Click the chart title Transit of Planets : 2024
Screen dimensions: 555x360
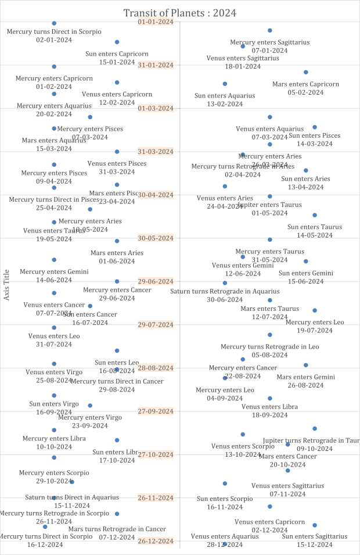pos(180,13)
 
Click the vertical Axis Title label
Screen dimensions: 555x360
pos(7,285)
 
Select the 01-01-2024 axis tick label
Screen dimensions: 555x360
pos(156,22)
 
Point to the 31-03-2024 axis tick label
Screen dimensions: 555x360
pos(156,152)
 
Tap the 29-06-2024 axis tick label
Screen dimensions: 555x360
pos(156,281)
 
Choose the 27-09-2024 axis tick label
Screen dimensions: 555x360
pos(156,411)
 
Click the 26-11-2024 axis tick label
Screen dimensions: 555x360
pos(156,498)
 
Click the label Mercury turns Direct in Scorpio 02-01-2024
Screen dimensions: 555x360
pos(54,35)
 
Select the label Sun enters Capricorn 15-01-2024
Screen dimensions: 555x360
pos(117,58)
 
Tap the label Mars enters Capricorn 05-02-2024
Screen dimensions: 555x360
pos(305,88)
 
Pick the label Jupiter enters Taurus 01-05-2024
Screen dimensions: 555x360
pos(269,209)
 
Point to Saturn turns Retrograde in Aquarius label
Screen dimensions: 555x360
pos(225,295)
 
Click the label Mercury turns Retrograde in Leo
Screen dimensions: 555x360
pos(269,350)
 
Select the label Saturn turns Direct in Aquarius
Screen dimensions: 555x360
pos(72,502)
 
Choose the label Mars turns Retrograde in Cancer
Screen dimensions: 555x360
pos(117,533)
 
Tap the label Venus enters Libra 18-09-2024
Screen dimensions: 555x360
pos(269,411)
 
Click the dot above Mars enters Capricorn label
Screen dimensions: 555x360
pos(305,72)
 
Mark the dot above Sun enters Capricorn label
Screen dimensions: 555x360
pos(117,42)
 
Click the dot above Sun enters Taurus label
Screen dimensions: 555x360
pos(315,215)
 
